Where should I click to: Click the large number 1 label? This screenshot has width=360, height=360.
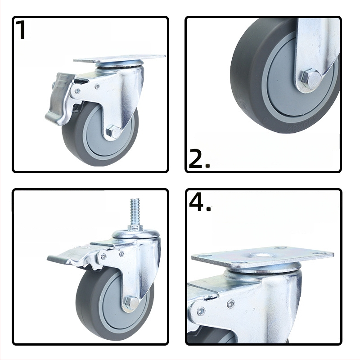tap(21, 30)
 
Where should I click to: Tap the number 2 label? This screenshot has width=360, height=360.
tap(195, 158)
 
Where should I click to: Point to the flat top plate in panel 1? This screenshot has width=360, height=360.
tap(119, 58)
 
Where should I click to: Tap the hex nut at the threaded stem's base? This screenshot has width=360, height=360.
tap(134, 229)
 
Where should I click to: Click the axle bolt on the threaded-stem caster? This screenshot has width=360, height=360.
tap(130, 303)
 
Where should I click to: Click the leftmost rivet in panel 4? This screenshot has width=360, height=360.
tap(201, 311)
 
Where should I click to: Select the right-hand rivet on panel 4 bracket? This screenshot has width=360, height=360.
tap(231, 304)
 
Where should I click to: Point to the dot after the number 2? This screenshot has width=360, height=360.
tap(207, 165)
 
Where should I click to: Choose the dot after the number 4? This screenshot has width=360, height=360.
tap(208, 208)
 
